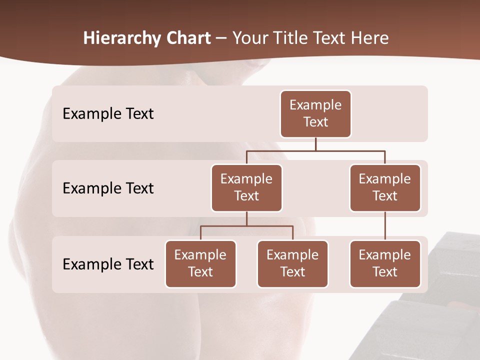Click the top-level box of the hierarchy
(315, 113)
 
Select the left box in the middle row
(246, 187)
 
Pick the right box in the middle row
(385, 187)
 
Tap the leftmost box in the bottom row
(200, 263)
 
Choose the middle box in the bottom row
(292, 263)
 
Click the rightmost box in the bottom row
(385, 263)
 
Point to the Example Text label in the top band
(108, 114)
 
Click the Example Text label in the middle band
(108, 188)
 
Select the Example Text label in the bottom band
(108, 264)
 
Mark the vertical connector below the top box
(315, 144)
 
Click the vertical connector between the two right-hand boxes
(385, 226)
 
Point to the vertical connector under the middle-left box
(246, 218)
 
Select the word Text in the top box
(315, 122)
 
